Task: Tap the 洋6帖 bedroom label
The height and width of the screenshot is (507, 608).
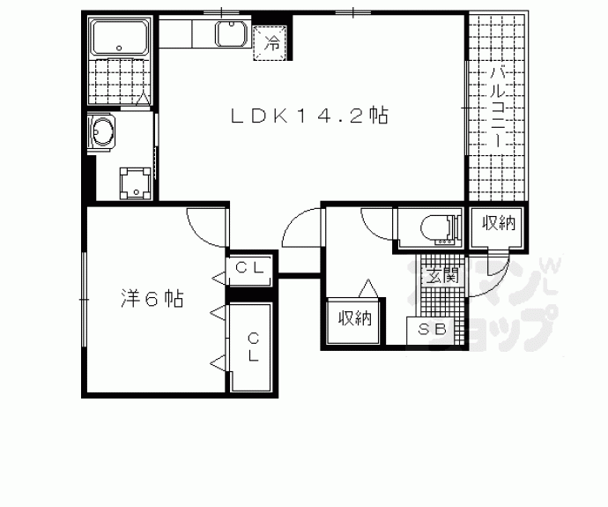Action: (x=152, y=299)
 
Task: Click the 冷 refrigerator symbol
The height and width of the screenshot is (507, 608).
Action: (x=272, y=41)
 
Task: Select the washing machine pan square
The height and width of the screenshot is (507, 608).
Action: (x=135, y=183)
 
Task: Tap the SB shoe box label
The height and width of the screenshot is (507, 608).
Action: (x=432, y=331)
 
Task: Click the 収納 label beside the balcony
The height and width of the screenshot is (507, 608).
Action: (x=498, y=225)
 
